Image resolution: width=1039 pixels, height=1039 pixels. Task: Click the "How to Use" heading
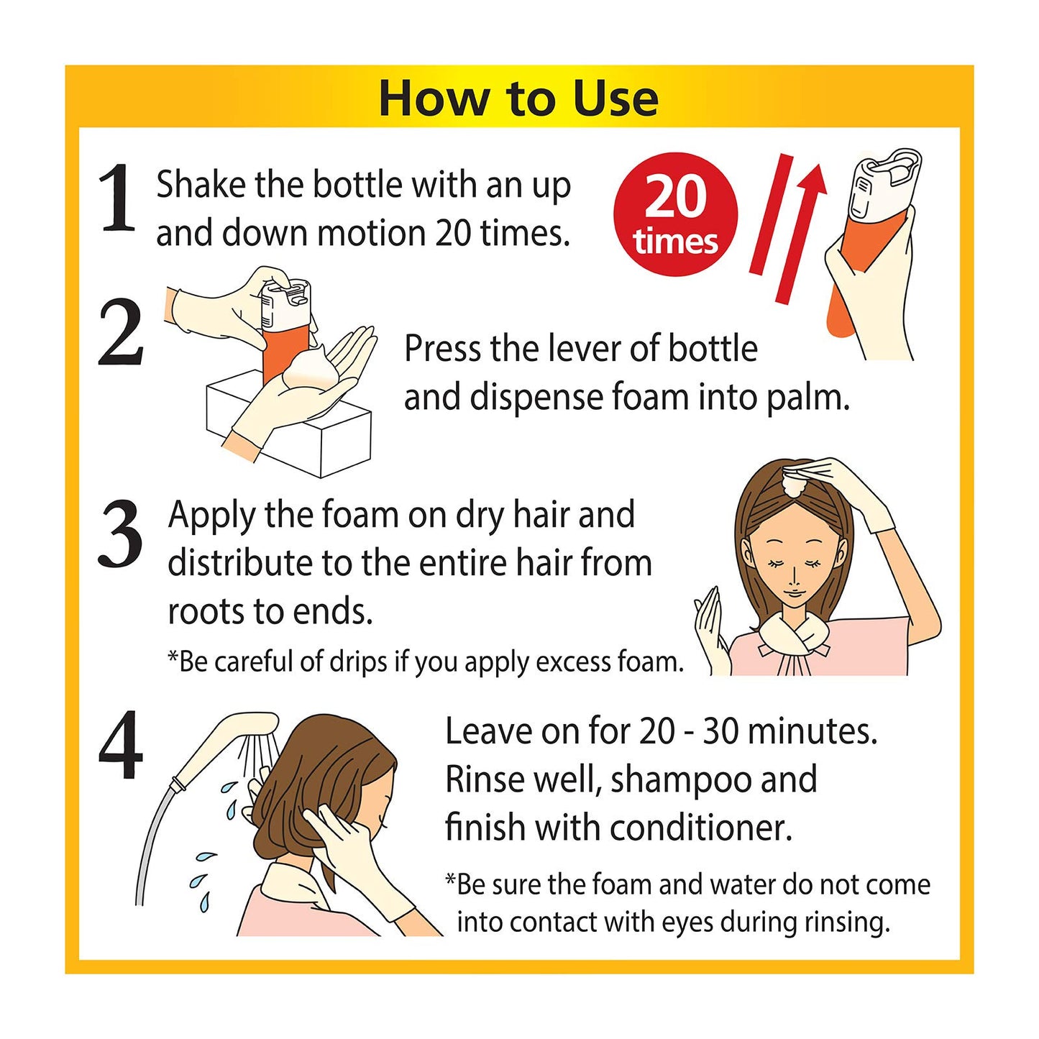coord(518,99)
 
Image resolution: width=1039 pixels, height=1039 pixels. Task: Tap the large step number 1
coord(116,198)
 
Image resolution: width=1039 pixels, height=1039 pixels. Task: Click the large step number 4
coord(121,745)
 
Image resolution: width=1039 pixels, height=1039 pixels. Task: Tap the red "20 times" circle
coord(675,215)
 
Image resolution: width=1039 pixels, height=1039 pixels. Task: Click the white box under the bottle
coord(289,426)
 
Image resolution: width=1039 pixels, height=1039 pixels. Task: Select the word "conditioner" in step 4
coord(701,829)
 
